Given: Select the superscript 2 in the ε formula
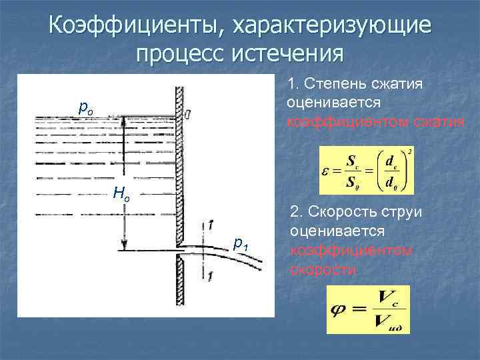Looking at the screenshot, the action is pos(409,151).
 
